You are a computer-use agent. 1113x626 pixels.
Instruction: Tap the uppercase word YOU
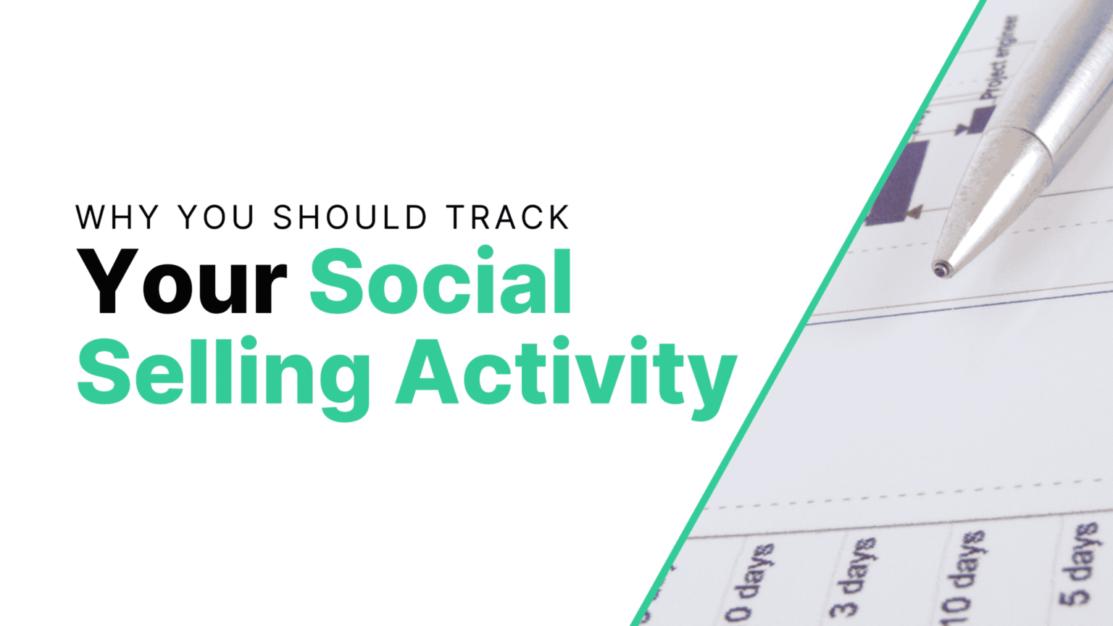coord(216,217)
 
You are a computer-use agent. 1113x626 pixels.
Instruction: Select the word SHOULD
coord(350,217)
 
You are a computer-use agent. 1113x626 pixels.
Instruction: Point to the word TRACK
coord(508,217)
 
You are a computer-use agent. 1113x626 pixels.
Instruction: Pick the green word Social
coord(441,283)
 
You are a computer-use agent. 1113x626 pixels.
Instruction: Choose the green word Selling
coord(223,374)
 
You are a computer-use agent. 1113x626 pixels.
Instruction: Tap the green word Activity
coord(565,374)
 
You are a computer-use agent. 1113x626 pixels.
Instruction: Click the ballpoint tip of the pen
coord(941,269)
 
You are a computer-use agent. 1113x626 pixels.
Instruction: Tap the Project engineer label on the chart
coord(999,58)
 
